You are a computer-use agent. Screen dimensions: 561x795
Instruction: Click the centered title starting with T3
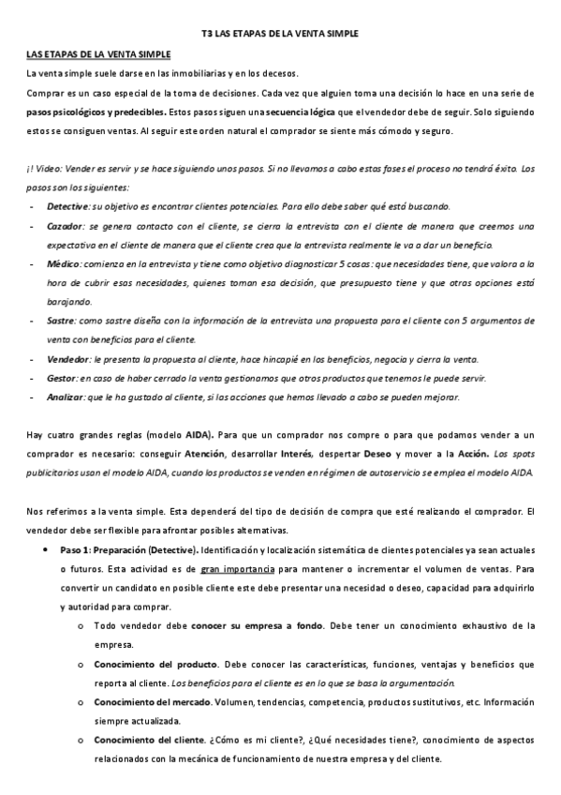point(280,33)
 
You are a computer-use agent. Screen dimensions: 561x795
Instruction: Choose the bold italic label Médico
point(62,266)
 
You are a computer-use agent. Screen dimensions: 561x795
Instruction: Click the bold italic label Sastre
point(61,321)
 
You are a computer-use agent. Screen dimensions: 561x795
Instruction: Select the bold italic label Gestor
point(61,378)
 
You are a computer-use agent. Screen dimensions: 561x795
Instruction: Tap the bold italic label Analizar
point(64,397)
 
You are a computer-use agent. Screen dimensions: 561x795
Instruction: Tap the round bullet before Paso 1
point(46,550)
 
